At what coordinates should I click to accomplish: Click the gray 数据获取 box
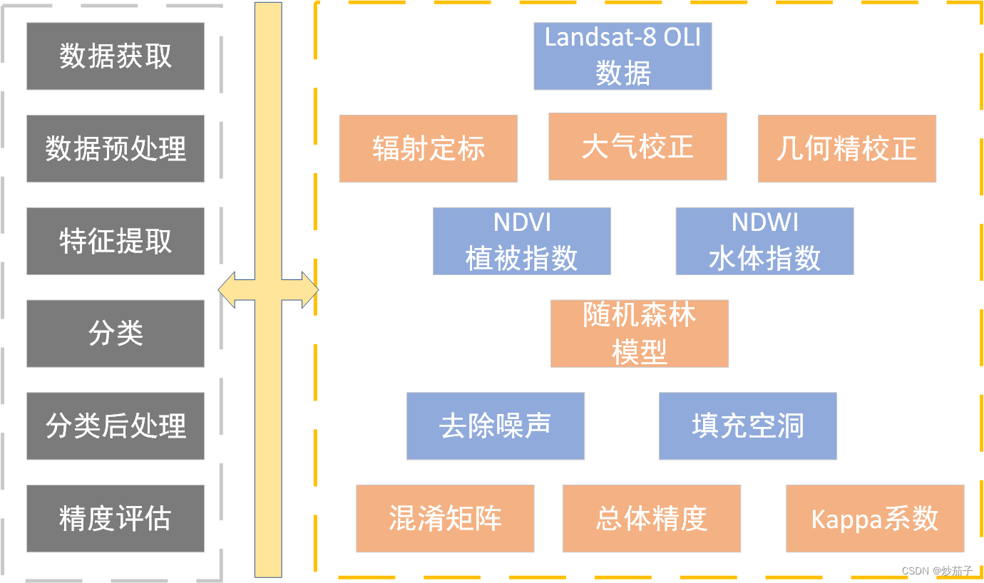pos(116,56)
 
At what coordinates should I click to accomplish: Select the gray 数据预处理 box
pos(116,148)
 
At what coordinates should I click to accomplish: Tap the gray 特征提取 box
pos(116,241)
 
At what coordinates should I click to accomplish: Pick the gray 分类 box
pos(116,334)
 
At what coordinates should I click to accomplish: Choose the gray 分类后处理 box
pos(116,425)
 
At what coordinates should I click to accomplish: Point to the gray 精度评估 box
pos(116,518)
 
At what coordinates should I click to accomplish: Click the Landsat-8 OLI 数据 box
pos(622,56)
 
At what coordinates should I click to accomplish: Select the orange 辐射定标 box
pos(428,148)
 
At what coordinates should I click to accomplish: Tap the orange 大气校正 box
pos(637,146)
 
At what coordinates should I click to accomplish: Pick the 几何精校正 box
pos(846,148)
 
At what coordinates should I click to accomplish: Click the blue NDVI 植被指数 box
pos(521,241)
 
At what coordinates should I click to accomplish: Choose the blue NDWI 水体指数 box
pos(764,241)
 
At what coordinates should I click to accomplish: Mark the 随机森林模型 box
pos(639,334)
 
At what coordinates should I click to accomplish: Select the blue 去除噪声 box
pos(495,425)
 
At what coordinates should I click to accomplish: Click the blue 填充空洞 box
pos(747,425)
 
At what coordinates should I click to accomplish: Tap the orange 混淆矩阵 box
pos(445,518)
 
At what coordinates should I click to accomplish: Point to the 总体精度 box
pos(651,518)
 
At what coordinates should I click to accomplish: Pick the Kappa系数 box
pos(875,518)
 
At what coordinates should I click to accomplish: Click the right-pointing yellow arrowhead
pos(309,290)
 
